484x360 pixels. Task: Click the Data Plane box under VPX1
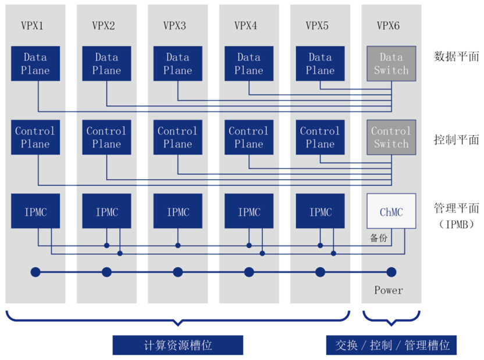click(x=35, y=64)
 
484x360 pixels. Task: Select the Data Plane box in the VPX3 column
click(x=177, y=64)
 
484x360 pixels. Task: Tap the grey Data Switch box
click(x=391, y=64)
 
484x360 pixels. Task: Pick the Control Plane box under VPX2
click(x=106, y=137)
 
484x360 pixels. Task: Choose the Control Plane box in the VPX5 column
click(x=320, y=137)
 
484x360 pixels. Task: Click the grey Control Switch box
click(x=391, y=137)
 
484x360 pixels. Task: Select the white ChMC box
click(x=391, y=211)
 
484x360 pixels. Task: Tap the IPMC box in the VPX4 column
click(x=249, y=211)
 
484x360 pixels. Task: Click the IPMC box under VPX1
click(x=35, y=211)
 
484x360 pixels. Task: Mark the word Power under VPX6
click(x=389, y=290)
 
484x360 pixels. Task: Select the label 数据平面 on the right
click(x=457, y=56)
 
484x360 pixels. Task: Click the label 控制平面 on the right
click(x=457, y=140)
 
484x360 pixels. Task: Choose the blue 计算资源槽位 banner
click(x=178, y=345)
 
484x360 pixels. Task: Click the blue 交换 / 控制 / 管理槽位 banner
click(x=392, y=345)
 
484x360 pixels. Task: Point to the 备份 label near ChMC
click(x=378, y=238)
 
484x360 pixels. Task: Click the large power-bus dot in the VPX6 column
click(x=392, y=272)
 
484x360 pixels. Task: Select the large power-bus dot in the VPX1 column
click(x=35, y=272)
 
